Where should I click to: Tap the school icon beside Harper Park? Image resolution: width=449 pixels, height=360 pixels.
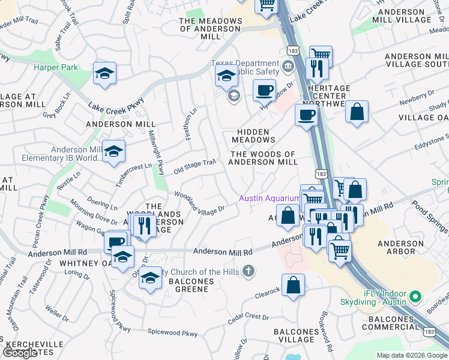pos(104,74)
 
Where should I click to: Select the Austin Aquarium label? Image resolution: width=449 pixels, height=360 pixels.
pos(269,198)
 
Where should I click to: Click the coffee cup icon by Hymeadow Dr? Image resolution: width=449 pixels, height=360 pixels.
pos(264,91)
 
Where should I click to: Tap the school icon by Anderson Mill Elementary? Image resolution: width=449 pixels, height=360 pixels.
pos(113,152)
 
